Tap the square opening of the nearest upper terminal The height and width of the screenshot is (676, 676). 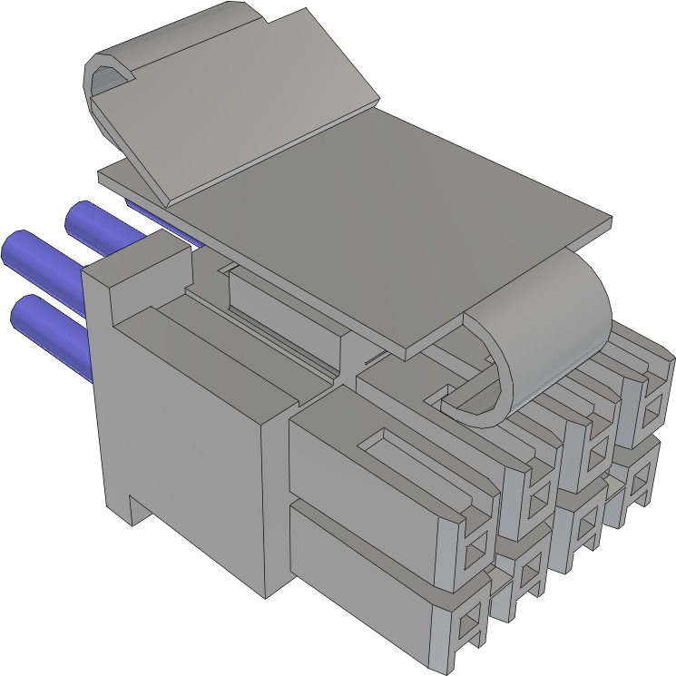474,546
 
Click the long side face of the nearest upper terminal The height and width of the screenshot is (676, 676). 363,481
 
